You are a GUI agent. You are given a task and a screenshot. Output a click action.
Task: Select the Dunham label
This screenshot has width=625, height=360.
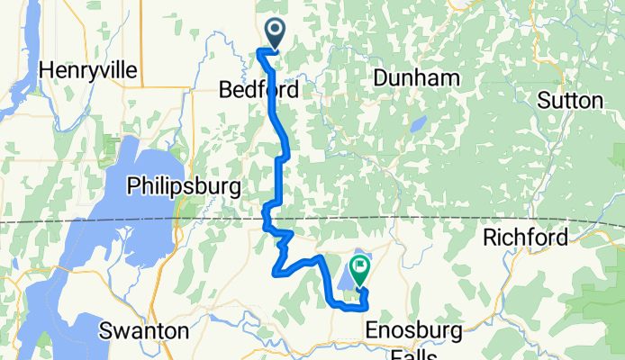click(x=417, y=79)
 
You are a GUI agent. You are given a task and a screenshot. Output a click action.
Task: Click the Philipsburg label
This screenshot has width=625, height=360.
click(x=184, y=186)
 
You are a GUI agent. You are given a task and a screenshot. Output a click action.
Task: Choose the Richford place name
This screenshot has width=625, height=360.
click(x=525, y=238)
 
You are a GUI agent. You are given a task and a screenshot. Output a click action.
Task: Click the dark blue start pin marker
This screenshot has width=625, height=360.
click(x=272, y=33)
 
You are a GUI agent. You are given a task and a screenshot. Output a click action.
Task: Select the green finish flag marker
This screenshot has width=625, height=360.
click(x=360, y=269)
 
